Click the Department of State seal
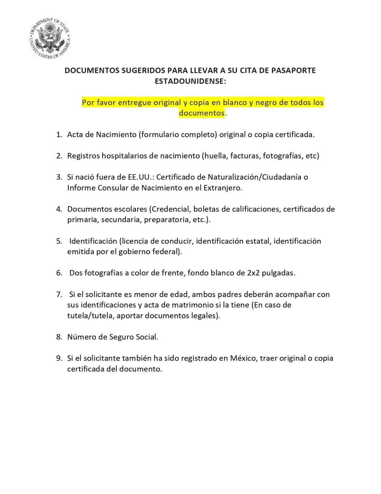pos(50,38)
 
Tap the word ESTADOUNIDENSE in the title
pos(190,81)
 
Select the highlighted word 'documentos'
pos(202,113)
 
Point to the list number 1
pos(59,135)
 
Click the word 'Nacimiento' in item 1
pos(116,135)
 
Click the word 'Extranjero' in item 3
pos(222,188)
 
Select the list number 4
pos(59,209)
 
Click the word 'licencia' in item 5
pos(137,241)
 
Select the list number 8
pos(59,337)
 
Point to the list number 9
pos(59,358)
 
